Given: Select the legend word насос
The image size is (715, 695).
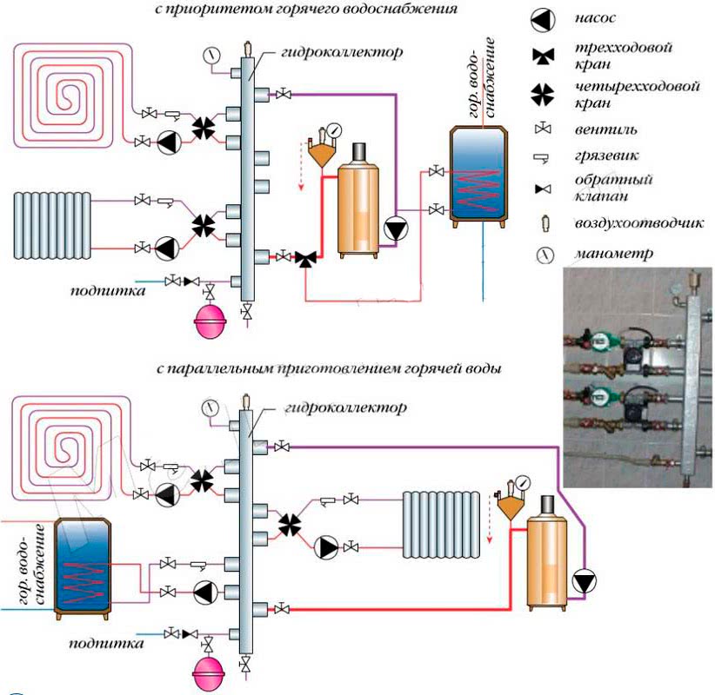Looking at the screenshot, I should [x=595, y=17].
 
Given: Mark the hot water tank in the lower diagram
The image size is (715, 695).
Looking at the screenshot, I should [x=82, y=568].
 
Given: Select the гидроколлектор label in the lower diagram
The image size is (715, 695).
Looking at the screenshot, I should [x=344, y=407].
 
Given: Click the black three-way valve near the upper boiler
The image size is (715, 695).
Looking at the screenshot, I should [x=305, y=259].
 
